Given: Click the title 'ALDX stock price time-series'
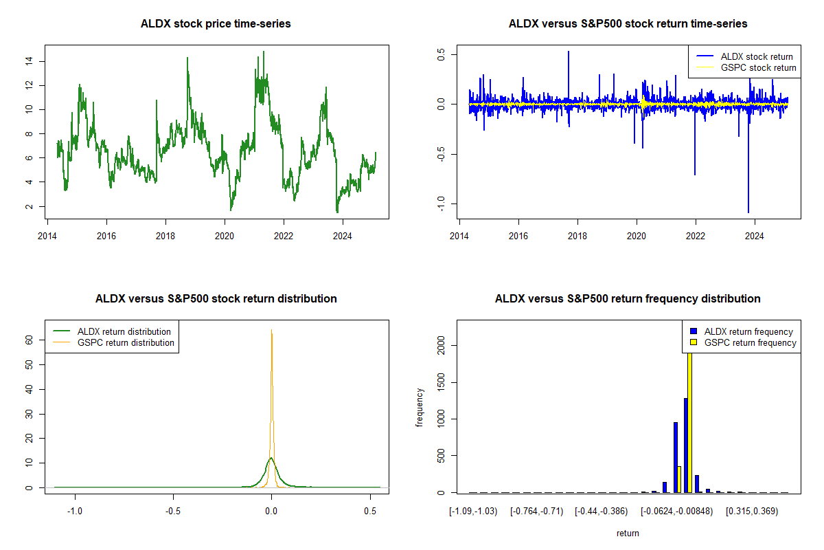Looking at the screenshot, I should click(x=216, y=24).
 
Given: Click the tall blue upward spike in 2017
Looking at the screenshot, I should click(x=569, y=52).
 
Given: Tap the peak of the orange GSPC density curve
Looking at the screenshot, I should click(x=272, y=331).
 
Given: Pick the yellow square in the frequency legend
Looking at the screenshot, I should click(x=694, y=342).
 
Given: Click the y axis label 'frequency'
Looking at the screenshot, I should click(x=420, y=408).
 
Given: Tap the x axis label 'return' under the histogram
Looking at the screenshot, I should click(x=628, y=533).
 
